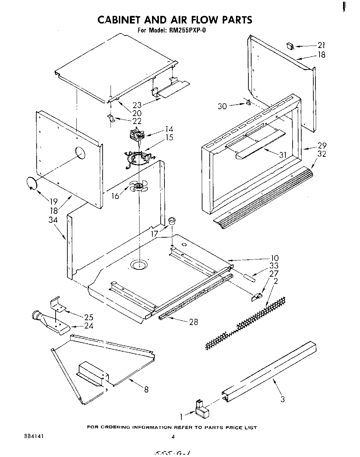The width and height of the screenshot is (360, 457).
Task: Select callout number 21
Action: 321,45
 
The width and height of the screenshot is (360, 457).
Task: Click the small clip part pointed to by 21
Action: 290,46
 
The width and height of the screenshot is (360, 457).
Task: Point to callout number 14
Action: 169,129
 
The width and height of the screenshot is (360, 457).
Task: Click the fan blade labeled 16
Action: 139,187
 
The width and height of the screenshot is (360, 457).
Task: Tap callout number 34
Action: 53,220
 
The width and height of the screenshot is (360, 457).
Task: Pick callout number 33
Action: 274,266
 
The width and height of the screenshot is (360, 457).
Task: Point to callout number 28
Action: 193,322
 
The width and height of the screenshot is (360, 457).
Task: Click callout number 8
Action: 146,389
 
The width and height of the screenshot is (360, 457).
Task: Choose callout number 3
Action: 283,400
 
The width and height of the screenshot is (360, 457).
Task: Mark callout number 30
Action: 222,106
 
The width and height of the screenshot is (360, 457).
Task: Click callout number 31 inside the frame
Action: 283,155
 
